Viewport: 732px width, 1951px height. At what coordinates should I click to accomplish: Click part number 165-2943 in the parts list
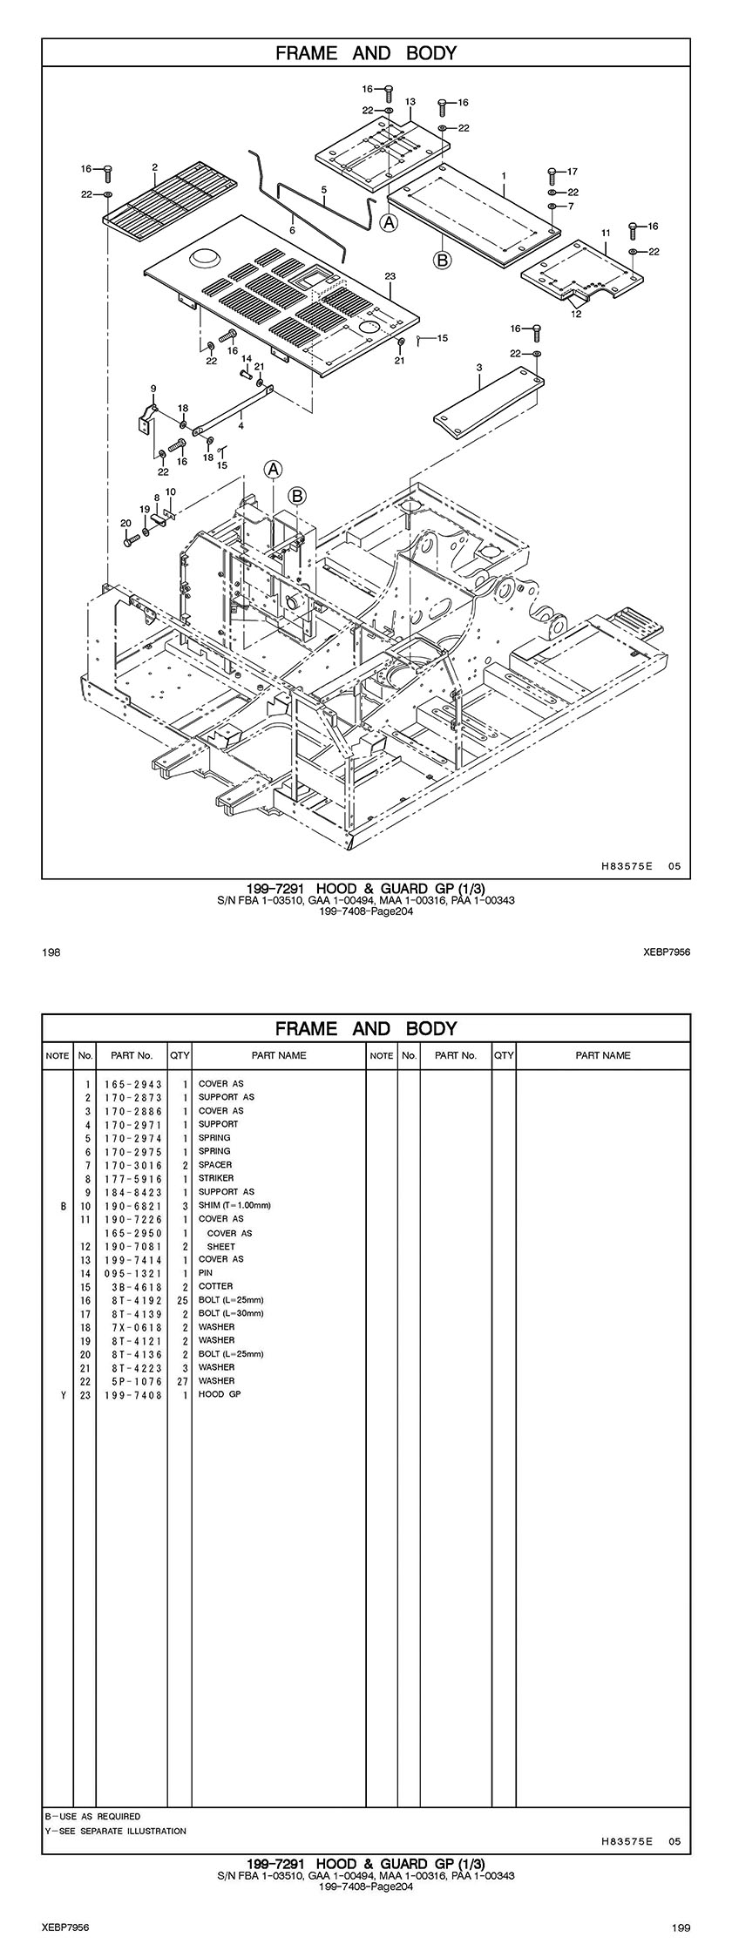point(133,1084)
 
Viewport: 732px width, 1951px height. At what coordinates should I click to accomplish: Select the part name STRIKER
point(216,1178)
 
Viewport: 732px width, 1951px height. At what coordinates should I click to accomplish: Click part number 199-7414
point(133,1259)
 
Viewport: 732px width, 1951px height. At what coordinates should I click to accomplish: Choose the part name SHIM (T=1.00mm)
point(234,1205)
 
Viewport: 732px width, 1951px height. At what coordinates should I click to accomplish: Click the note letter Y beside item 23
point(63,1394)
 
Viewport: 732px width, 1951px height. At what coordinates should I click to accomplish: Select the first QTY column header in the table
point(180,1055)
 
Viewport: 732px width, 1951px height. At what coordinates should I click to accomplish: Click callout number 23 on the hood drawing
point(390,276)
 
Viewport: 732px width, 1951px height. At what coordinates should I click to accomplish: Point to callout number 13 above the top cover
point(410,102)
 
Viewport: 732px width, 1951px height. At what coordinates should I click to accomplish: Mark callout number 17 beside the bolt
point(572,172)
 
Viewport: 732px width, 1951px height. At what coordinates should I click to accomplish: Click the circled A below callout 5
point(390,223)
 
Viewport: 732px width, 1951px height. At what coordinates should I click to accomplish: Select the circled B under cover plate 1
point(443,259)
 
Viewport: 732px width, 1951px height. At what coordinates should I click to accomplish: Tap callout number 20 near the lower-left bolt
point(125,523)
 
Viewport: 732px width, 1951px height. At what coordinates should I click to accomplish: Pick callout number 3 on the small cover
point(479,369)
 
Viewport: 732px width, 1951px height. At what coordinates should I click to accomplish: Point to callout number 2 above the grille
point(154,166)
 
